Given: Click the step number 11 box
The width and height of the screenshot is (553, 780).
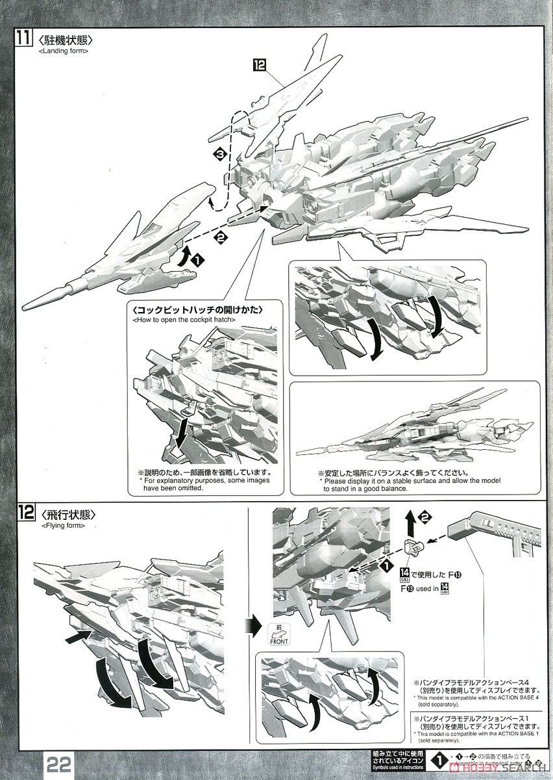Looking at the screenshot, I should point(23,37).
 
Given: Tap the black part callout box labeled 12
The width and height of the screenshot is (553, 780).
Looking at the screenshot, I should point(260,64).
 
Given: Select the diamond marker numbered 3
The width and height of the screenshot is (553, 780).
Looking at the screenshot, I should point(221,154).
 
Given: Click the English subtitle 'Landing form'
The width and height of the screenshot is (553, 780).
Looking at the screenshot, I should point(64,51).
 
